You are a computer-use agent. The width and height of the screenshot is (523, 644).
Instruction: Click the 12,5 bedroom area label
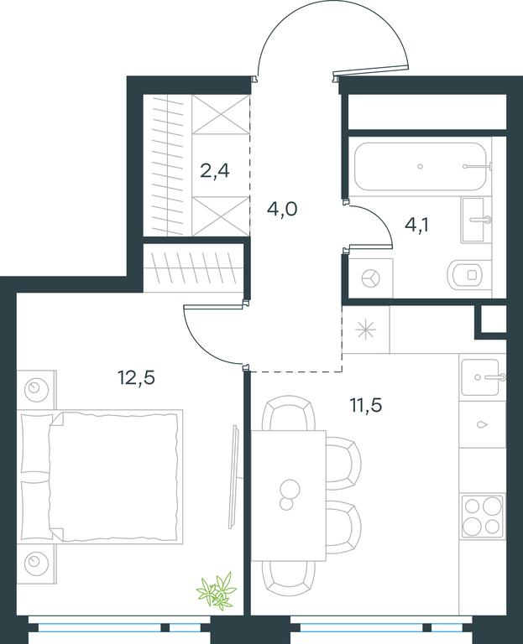click(137, 377)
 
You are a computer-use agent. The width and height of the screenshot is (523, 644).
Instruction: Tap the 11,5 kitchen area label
click(365, 405)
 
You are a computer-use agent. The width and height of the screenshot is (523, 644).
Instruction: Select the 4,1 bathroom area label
click(416, 225)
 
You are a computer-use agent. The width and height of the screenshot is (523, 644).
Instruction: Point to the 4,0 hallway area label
click(281, 209)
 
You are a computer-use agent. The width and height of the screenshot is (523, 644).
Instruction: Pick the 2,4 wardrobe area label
click(215, 170)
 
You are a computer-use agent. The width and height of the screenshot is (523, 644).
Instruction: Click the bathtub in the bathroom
click(421, 166)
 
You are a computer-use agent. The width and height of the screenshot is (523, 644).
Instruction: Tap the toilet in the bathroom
click(469, 274)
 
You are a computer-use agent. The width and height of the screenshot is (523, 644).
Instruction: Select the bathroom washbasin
click(476, 220)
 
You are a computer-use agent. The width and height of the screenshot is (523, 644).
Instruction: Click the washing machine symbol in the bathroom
click(371, 279)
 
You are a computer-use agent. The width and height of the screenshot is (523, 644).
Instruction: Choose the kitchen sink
click(482, 377)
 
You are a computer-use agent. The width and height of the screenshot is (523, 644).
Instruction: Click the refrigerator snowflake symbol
click(365, 330)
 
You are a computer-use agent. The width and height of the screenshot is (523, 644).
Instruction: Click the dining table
click(289, 496)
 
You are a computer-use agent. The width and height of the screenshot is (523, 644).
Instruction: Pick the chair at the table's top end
click(289, 413)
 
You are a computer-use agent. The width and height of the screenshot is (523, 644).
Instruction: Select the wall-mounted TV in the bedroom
click(234, 476)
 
